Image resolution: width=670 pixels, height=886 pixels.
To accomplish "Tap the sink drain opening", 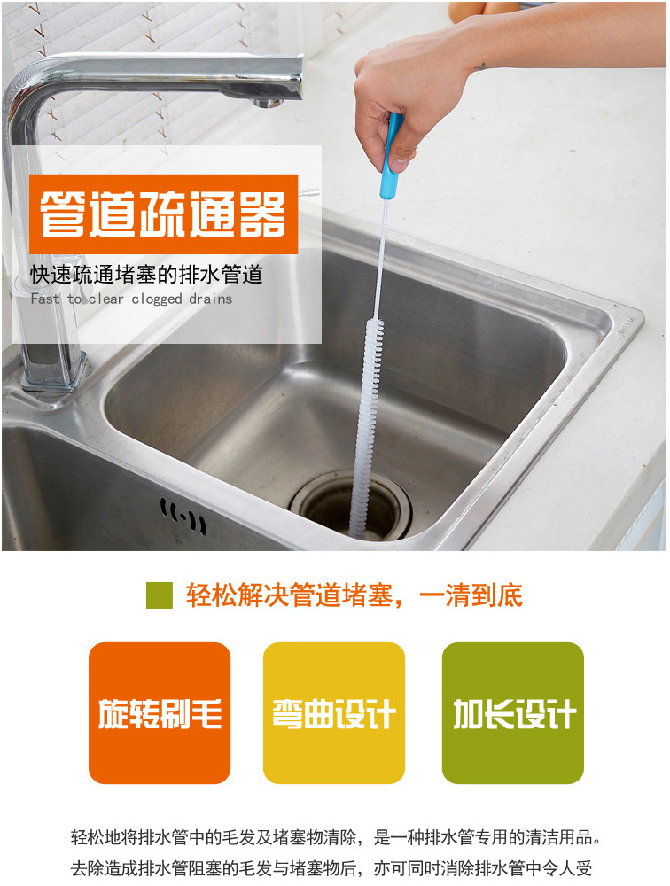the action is [x=351, y=506].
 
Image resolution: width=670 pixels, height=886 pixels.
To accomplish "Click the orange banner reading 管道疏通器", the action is [x=163, y=214].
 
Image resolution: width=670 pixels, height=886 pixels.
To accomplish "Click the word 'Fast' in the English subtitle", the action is [x=44, y=298].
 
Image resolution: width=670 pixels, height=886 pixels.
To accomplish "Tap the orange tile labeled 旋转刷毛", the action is [x=160, y=712].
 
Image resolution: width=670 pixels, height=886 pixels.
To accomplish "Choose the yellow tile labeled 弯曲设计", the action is [x=334, y=712].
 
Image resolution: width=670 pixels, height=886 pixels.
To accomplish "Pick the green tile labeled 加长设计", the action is [x=513, y=712].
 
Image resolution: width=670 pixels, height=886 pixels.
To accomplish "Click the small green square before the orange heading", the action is [x=160, y=595].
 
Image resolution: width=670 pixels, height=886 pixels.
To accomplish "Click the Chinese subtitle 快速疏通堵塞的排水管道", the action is [x=146, y=275].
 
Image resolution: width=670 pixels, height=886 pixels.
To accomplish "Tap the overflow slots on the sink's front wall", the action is [x=183, y=516].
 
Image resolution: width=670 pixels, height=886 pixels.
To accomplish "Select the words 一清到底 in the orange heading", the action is [x=471, y=595].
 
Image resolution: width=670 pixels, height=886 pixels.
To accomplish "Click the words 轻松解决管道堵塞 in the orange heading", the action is [x=289, y=595].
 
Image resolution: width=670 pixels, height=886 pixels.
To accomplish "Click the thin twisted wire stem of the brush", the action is [x=378, y=259].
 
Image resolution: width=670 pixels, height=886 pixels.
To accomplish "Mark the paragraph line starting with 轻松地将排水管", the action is [x=335, y=837].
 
